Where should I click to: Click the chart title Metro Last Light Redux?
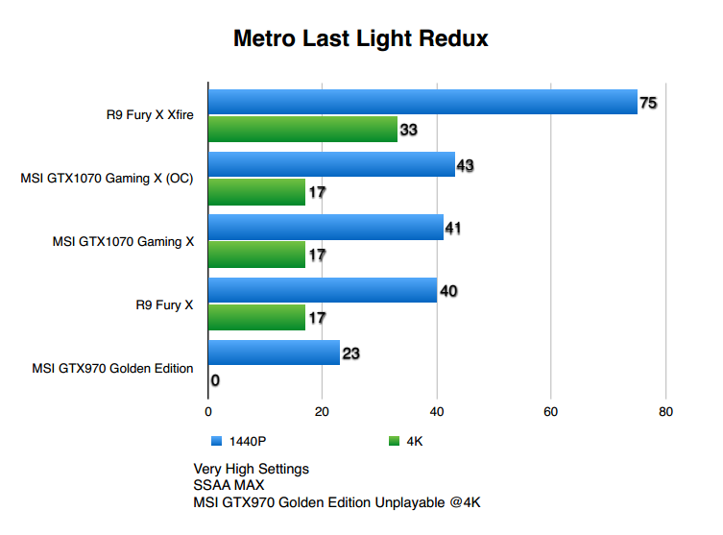click(x=361, y=39)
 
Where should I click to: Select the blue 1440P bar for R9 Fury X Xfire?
click(x=422, y=102)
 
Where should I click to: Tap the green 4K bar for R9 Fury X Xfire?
click(x=302, y=129)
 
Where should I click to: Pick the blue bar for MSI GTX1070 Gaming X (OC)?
click(x=331, y=164)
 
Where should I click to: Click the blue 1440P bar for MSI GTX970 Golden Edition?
click(x=274, y=353)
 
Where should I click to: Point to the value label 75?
click(x=648, y=102)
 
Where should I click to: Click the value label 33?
click(x=408, y=130)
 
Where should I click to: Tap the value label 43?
click(x=466, y=165)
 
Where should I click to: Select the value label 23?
click(x=350, y=353)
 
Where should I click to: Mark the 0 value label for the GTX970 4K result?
click(x=215, y=380)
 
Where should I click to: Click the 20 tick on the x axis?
click(x=323, y=412)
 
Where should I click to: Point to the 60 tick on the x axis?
click(x=550, y=412)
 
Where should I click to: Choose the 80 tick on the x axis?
click(x=664, y=412)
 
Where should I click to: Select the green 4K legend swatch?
click(x=393, y=442)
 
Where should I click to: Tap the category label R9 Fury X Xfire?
click(x=150, y=115)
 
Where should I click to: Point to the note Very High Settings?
click(x=251, y=469)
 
